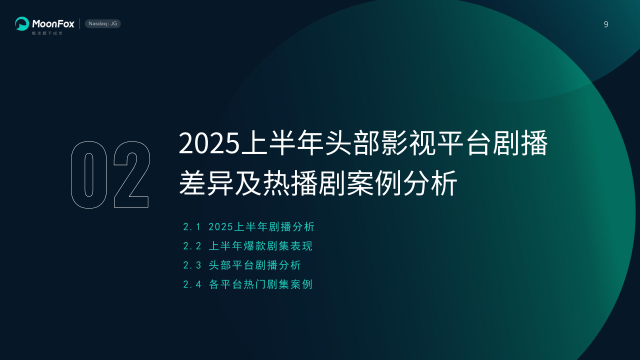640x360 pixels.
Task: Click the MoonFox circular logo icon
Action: coord(22,23)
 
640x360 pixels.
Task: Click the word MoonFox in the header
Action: coord(53,23)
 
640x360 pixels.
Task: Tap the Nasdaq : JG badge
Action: coord(103,23)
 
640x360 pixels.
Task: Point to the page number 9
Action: coord(606,24)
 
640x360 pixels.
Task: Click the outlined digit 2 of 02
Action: coord(131,174)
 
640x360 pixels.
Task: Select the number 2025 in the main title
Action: coord(209,143)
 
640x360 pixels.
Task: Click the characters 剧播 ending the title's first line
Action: coord(520,143)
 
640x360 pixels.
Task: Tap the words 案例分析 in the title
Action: coord(402,183)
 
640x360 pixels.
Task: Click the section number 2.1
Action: coord(192,227)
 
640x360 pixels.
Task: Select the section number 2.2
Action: coord(192,246)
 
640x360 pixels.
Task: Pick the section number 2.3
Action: coord(192,265)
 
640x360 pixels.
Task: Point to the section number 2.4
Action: coord(192,284)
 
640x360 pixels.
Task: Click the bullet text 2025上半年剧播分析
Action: coord(261,227)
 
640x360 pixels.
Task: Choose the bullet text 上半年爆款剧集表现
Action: coord(260,246)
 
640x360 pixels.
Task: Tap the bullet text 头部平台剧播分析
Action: coord(254,265)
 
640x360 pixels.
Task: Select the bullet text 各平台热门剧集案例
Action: coord(260,284)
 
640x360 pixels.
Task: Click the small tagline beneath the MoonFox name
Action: coord(47,33)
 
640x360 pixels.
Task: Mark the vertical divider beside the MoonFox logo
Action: coord(79,23)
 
